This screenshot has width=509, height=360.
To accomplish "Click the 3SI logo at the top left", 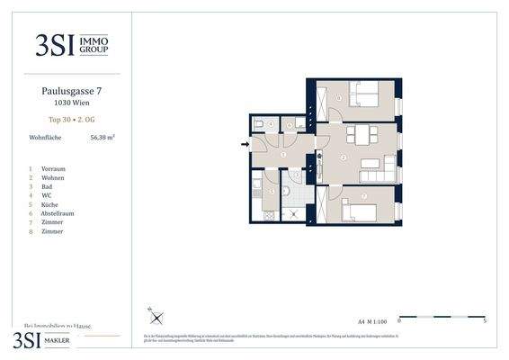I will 71,44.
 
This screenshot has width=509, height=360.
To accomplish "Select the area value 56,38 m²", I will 103,138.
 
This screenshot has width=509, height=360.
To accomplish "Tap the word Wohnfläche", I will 45,138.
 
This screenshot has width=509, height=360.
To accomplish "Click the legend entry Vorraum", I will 53,169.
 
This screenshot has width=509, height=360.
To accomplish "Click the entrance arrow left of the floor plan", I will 245,142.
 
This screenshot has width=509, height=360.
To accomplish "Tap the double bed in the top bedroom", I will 365,93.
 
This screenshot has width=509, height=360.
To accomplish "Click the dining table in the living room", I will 362,135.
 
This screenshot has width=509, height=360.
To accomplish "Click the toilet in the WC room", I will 258,124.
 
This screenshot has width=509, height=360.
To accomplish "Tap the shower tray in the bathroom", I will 294,213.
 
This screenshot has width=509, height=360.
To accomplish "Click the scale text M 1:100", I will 375,320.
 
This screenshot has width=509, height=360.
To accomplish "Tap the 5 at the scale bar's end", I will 485,321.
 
